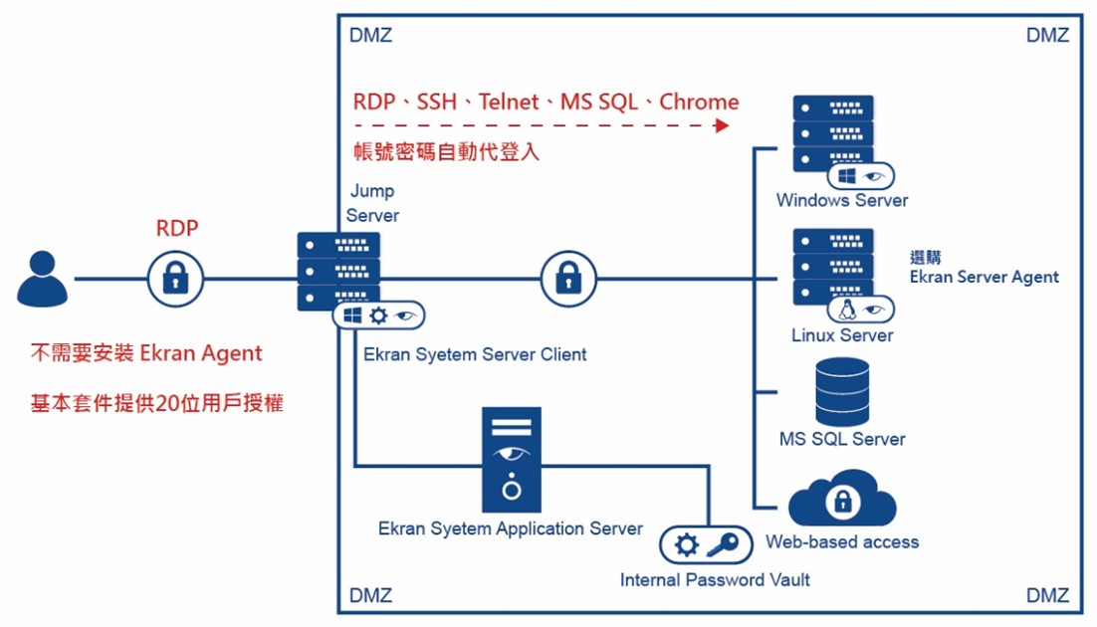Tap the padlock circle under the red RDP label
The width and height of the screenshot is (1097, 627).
(x=176, y=278)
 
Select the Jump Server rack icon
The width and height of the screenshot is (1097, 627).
(x=338, y=270)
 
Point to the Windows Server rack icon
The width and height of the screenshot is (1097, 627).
(x=833, y=134)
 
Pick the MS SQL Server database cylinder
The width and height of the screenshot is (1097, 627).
(x=842, y=392)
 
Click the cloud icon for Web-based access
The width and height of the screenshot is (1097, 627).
(x=842, y=501)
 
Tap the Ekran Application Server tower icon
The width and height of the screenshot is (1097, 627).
(x=512, y=459)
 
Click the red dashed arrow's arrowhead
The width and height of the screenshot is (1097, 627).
(x=722, y=125)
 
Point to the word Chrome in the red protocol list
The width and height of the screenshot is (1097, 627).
(x=699, y=102)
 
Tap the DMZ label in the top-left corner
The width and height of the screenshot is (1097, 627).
(x=370, y=35)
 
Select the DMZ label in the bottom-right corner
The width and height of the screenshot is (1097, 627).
(x=1047, y=595)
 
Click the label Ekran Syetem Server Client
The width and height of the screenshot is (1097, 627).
(x=475, y=354)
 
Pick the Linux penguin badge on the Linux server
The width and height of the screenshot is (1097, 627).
(x=848, y=310)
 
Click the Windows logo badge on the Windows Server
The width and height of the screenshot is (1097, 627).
(x=848, y=176)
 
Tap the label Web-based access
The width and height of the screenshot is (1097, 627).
(x=842, y=542)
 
